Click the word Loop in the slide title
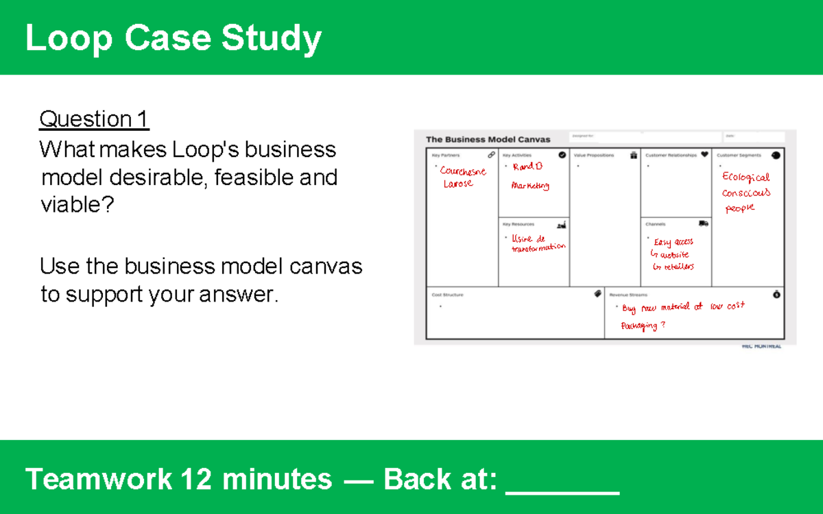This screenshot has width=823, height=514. pyautogui.click(x=69, y=38)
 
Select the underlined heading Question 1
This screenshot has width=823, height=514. pyautogui.click(x=94, y=119)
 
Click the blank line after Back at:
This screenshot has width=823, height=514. pyautogui.click(x=562, y=480)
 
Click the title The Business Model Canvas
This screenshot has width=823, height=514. pyautogui.click(x=488, y=139)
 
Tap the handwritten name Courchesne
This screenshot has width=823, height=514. pyautogui.click(x=464, y=171)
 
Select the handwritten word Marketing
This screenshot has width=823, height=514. pyautogui.click(x=530, y=186)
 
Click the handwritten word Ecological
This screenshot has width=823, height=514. pyautogui.click(x=746, y=177)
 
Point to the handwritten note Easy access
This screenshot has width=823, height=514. pyautogui.click(x=673, y=242)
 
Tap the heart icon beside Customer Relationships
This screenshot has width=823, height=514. pyautogui.click(x=704, y=155)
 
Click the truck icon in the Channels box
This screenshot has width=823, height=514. pyautogui.click(x=703, y=223)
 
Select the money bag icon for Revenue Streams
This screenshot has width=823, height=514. pyautogui.click(x=776, y=294)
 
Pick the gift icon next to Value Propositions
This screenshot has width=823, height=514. pyautogui.click(x=633, y=156)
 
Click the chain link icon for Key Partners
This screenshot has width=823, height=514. pyautogui.click(x=491, y=155)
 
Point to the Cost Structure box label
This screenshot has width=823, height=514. pyautogui.click(x=447, y=295)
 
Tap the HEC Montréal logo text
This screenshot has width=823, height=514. pyautogui.click(x=761, y=346)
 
